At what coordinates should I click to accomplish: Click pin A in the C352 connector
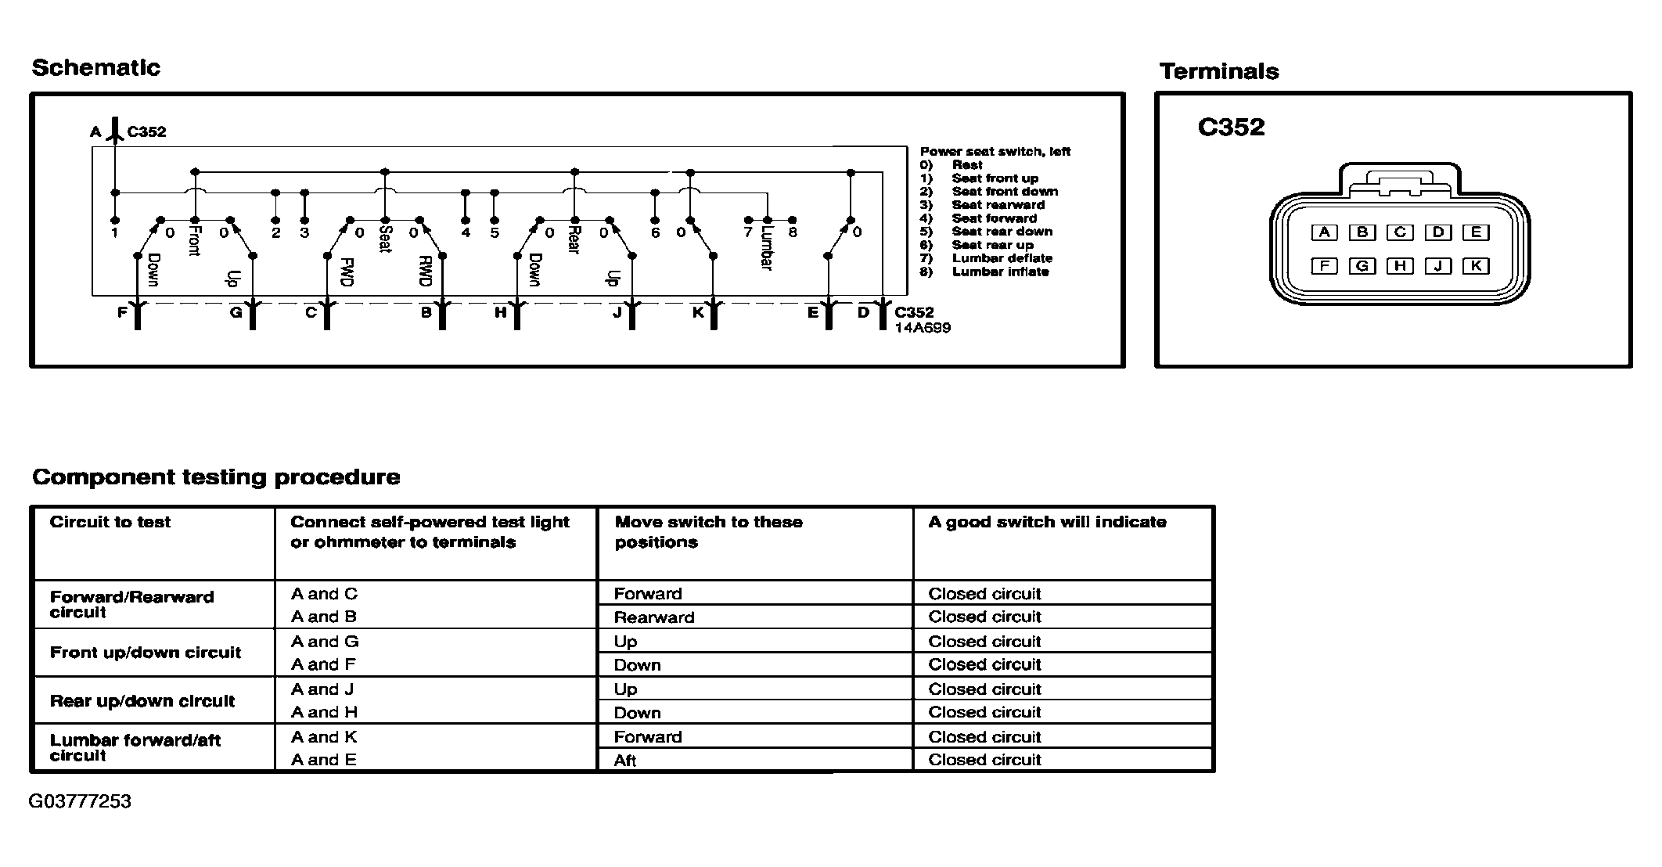(1324, 232)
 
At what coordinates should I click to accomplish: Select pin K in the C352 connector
(1476, 266)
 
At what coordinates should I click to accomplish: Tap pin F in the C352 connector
(1324, 266)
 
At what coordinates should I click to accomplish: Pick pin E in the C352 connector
(1476, 232)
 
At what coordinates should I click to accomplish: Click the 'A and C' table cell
(324, 594)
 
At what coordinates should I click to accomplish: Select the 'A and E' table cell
(324, 760)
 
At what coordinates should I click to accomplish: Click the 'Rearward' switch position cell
(654, 617)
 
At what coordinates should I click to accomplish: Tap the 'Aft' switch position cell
(625, 761)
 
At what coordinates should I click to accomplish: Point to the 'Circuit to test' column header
(110, 522)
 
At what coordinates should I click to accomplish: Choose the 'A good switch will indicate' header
(1047, 522)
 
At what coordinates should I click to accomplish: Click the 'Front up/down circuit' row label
(146, 653)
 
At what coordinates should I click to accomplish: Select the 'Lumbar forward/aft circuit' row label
(135, 747)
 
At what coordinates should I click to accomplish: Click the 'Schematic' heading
(95, 68)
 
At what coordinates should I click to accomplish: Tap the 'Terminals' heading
(1219, 72)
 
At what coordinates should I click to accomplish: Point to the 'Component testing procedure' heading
(216, 477)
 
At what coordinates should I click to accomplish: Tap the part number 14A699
(923, 328)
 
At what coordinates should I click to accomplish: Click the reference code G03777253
(80, 801)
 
